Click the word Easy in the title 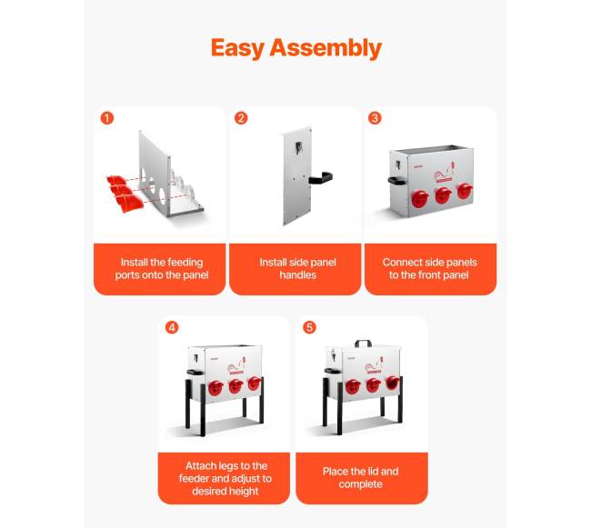coord(237,49)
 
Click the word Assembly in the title coord(326,49)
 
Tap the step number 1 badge coord(107,118)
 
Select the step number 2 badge coord(241,118)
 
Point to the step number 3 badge coord(375,118)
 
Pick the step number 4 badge coord(172,327)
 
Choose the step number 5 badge coord(309,327)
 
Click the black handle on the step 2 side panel coord(321,177)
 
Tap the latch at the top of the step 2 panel coord(298,147)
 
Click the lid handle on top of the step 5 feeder coord(363,344)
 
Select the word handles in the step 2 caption coord(297,275)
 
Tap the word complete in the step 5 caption coord(360,484)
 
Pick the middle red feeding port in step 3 coord(444,195)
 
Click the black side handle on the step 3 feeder coord(396,181)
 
